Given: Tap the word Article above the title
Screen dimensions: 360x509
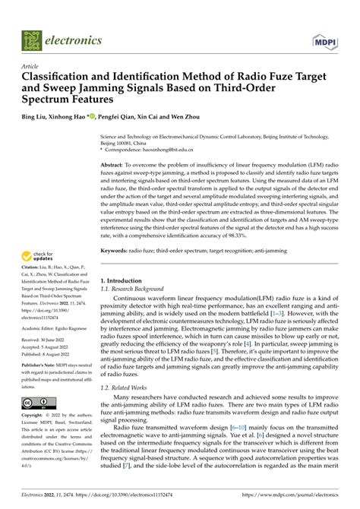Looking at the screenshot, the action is (32, 67).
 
